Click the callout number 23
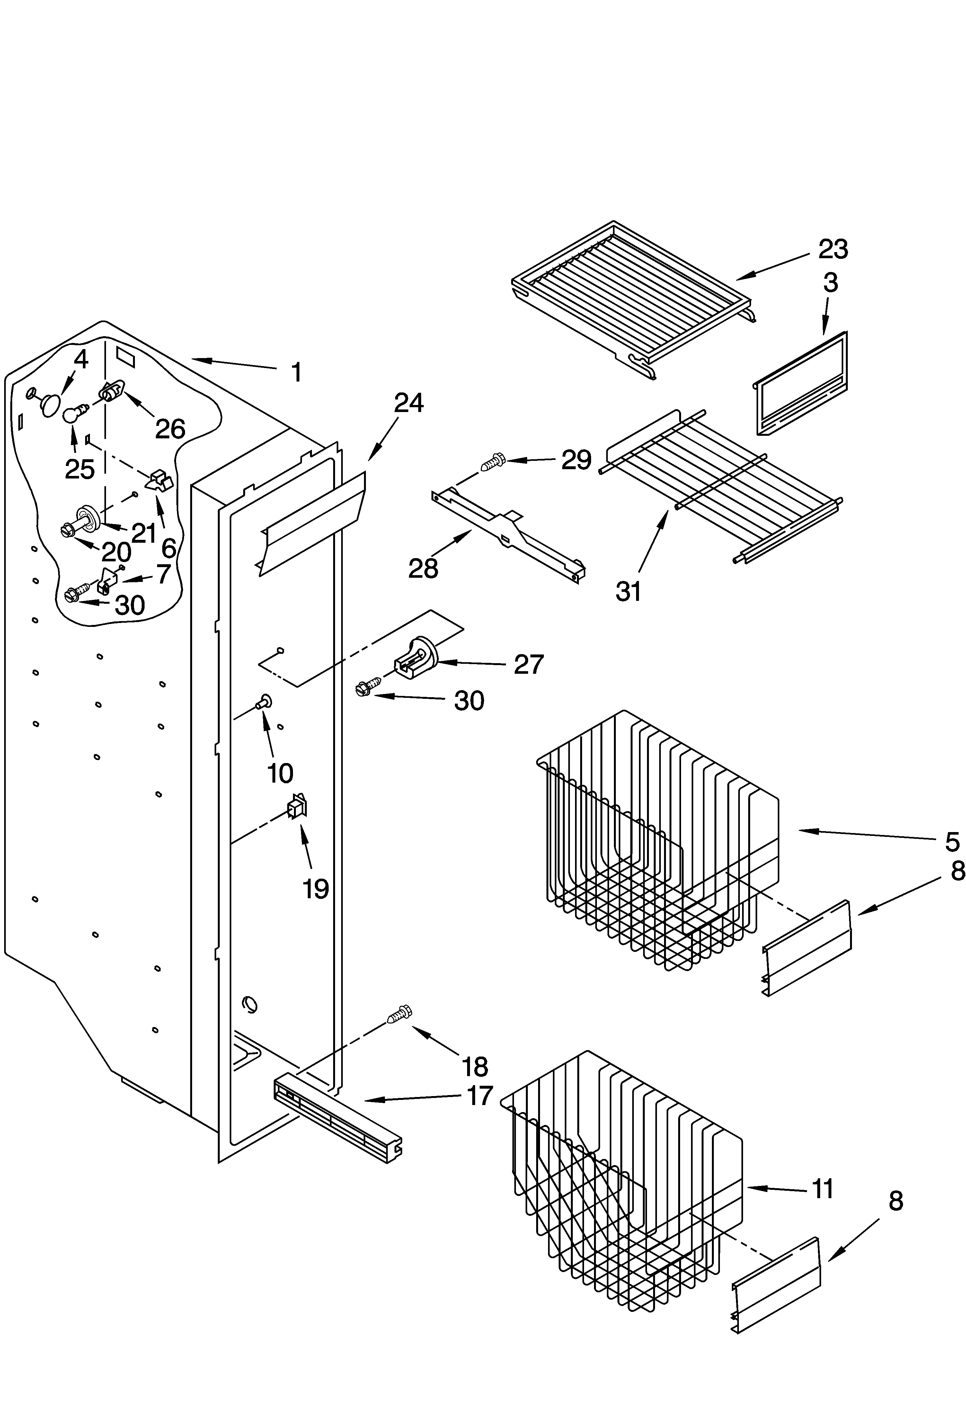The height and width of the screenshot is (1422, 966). (x=833, y=249)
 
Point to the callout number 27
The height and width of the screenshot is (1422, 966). (x=528, y=664)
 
